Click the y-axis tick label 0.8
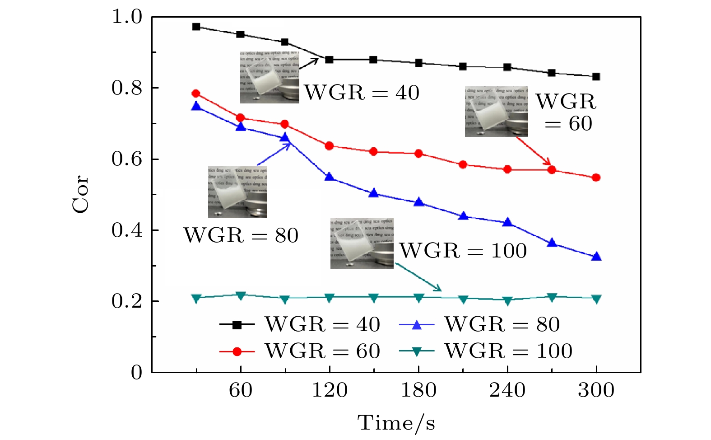(x=126, y=88)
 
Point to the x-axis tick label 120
(x=330, y=390)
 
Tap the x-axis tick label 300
(x=596, y=390)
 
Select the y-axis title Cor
(x=81, y=194)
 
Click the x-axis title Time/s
(x=396, y=423)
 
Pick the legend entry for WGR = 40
(x=300, y=324)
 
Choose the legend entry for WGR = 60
(x=300, y=351)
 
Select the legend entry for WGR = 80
(x=479, y=324)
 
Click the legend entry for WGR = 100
(x=486, y=351)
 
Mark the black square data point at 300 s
(x=596, y=77)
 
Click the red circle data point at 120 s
(x=329, y=146)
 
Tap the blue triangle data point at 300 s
(x=596, y=257)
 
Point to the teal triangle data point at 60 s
(x=241, y=295)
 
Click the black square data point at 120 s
(x=329, y=60)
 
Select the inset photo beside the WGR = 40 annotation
(x=270, y=77)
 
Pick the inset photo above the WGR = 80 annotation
(x=237, y=192)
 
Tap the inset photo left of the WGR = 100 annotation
(x=362, y=243)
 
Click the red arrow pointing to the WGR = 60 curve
(x=534, y=151)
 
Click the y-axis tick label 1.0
(x=126, y=17)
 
